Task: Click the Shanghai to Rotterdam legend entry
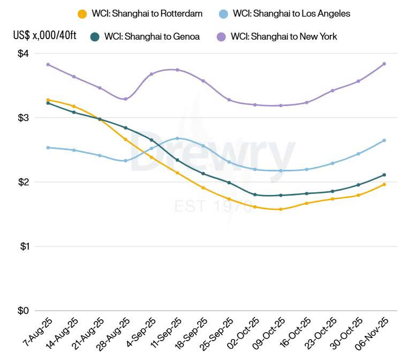tap(140, 13)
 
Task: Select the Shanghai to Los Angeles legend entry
tap(284, 13)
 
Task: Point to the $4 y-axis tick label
tap(23, 54)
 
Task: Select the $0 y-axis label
tap(23, 311)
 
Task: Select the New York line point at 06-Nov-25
tap(384, 64)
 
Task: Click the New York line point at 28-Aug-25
tap(126, 99)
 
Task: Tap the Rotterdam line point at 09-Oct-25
tap(281, 209)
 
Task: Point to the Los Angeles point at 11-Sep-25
tap(177, 138)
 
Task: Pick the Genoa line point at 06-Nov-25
tap(384, 175)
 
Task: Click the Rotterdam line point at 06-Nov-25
tap(384, 184)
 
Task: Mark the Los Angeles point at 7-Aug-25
tap(48, 147)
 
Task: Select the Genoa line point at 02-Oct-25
tap(255, 194)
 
